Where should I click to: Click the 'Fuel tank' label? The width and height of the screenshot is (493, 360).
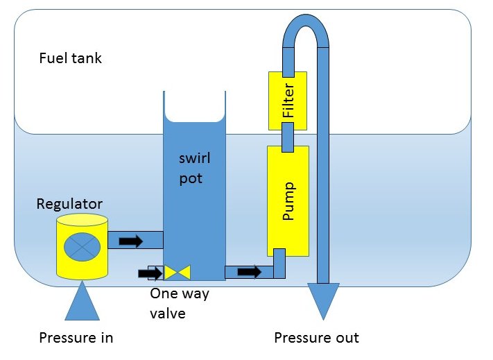(70, 58)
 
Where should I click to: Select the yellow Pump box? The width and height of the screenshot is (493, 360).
(288, 201)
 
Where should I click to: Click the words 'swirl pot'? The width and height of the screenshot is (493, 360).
(193, 169)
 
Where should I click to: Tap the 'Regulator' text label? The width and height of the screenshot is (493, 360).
(69, 204)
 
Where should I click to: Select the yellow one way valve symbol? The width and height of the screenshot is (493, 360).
(177, 273)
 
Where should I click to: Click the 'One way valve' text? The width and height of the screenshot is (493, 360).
(180, 303)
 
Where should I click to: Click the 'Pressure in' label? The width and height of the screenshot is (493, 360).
(76, 338)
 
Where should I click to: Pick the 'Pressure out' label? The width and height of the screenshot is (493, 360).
(316, 338)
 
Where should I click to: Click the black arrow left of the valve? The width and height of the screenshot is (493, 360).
(155, 273)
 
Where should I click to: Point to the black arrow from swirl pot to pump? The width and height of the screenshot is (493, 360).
(249, 271)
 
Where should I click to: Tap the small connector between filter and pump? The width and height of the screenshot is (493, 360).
(288, 137)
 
